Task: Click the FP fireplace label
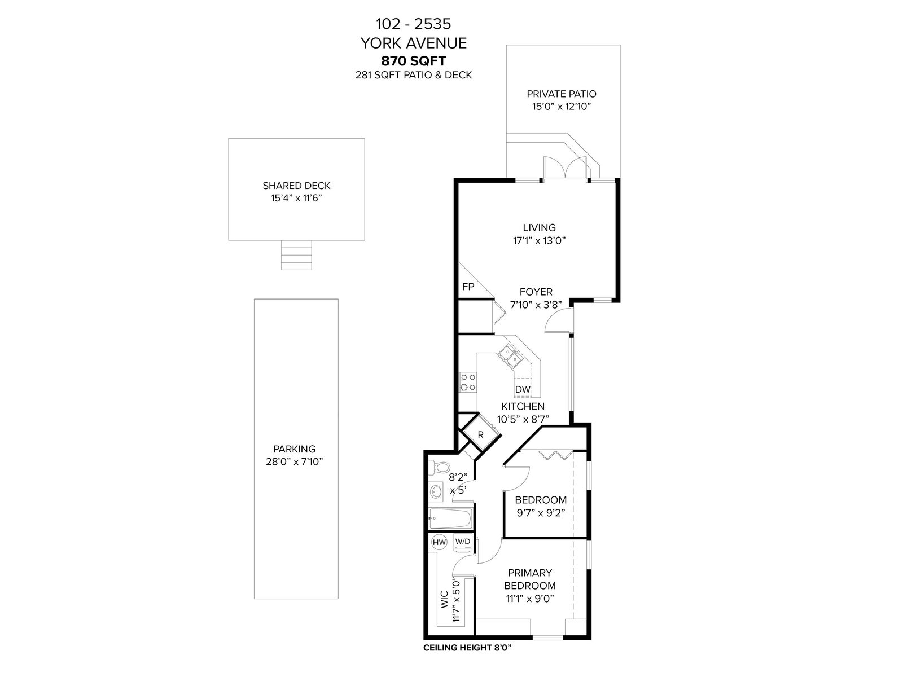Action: click(468, 287)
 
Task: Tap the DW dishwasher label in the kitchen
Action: click(523, 389)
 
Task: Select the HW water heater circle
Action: click(439, 542)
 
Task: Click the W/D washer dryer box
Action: click(462, 542)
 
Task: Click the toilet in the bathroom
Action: click(440, 467)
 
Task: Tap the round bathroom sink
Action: click(436, 491)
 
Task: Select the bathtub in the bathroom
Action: click(450, 519)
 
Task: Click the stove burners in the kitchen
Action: click(468, 382)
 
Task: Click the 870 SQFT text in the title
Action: click(414, 61)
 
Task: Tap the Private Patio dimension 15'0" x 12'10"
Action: click(562, 107)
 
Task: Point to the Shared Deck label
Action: click(297, 186)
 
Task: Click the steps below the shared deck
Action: click(296, 255)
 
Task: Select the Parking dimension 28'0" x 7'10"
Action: click(295, 461)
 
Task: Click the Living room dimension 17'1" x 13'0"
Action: click(540, 240)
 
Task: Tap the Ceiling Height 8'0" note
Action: click(467, 648)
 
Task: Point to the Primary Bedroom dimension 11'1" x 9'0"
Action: click(531, 599)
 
